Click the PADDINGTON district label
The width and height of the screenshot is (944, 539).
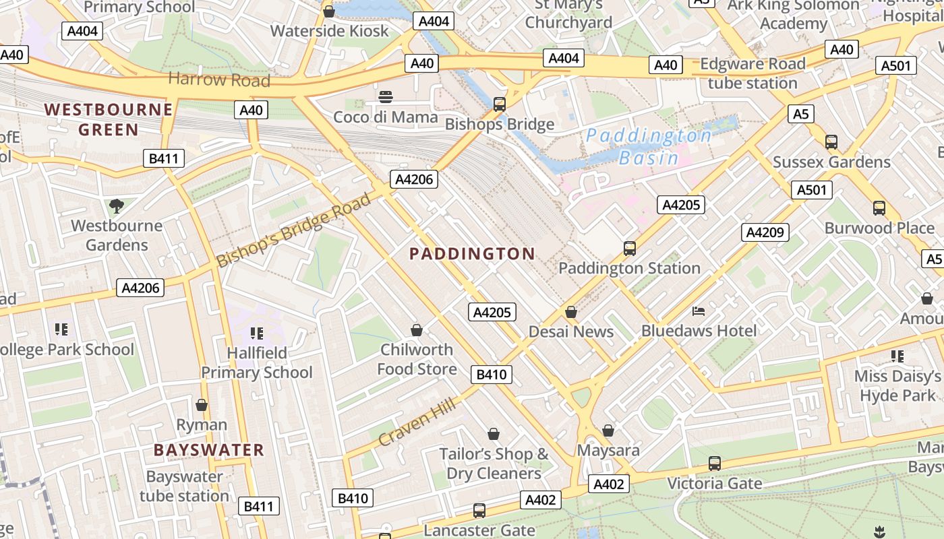point(472,254)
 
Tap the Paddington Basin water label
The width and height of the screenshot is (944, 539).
point(648,146)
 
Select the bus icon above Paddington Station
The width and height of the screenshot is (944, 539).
point(630,249)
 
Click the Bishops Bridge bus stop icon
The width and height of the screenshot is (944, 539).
point(500,104)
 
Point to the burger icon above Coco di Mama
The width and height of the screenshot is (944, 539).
point(386,97)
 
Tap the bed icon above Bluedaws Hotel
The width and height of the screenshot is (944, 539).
point(699,311)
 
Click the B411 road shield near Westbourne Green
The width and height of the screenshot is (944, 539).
point(164,159)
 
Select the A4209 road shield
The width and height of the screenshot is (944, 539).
point(765,232)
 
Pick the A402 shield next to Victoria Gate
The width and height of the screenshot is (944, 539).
point(610,483)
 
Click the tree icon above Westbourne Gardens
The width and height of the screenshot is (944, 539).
point(117,205)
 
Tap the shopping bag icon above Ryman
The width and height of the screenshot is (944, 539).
point(201,405)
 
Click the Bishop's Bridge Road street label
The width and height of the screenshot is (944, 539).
point(293,230)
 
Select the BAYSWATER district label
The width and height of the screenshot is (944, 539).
point(208,450)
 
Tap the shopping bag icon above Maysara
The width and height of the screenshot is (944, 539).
point(608,430)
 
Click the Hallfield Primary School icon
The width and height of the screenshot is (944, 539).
point(256,333)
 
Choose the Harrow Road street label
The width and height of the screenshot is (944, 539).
point(218,80)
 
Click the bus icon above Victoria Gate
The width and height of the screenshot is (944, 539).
point(715,464)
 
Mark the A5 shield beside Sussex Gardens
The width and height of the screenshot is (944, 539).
point(800,114)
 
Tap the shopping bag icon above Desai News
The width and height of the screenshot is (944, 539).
point(571,312)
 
